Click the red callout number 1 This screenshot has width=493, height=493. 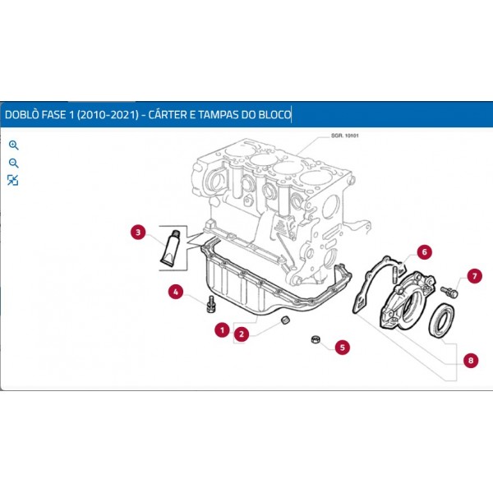[x=221, y=330]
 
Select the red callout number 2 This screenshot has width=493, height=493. [x=242, y=334]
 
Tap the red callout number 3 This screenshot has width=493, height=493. [x=139, y=233]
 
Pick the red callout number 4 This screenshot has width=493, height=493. [x=175, y=291]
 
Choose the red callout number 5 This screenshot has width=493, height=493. [x=342, y=347]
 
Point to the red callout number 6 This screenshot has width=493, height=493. [x=423, y=251]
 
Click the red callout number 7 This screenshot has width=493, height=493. [x=474, y=275]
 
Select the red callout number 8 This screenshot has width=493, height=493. [x=470, y=360]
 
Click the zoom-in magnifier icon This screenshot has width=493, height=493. [x=13, y=145]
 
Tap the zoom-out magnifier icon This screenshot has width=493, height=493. [x=13, y=163]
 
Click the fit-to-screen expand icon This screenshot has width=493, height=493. [x=13, y=180]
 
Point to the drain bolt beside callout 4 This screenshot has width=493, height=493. [x=210, y=303]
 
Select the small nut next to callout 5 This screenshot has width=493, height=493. [x=315, y=340]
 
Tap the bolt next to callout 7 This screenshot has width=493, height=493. [x=448, y=290]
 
